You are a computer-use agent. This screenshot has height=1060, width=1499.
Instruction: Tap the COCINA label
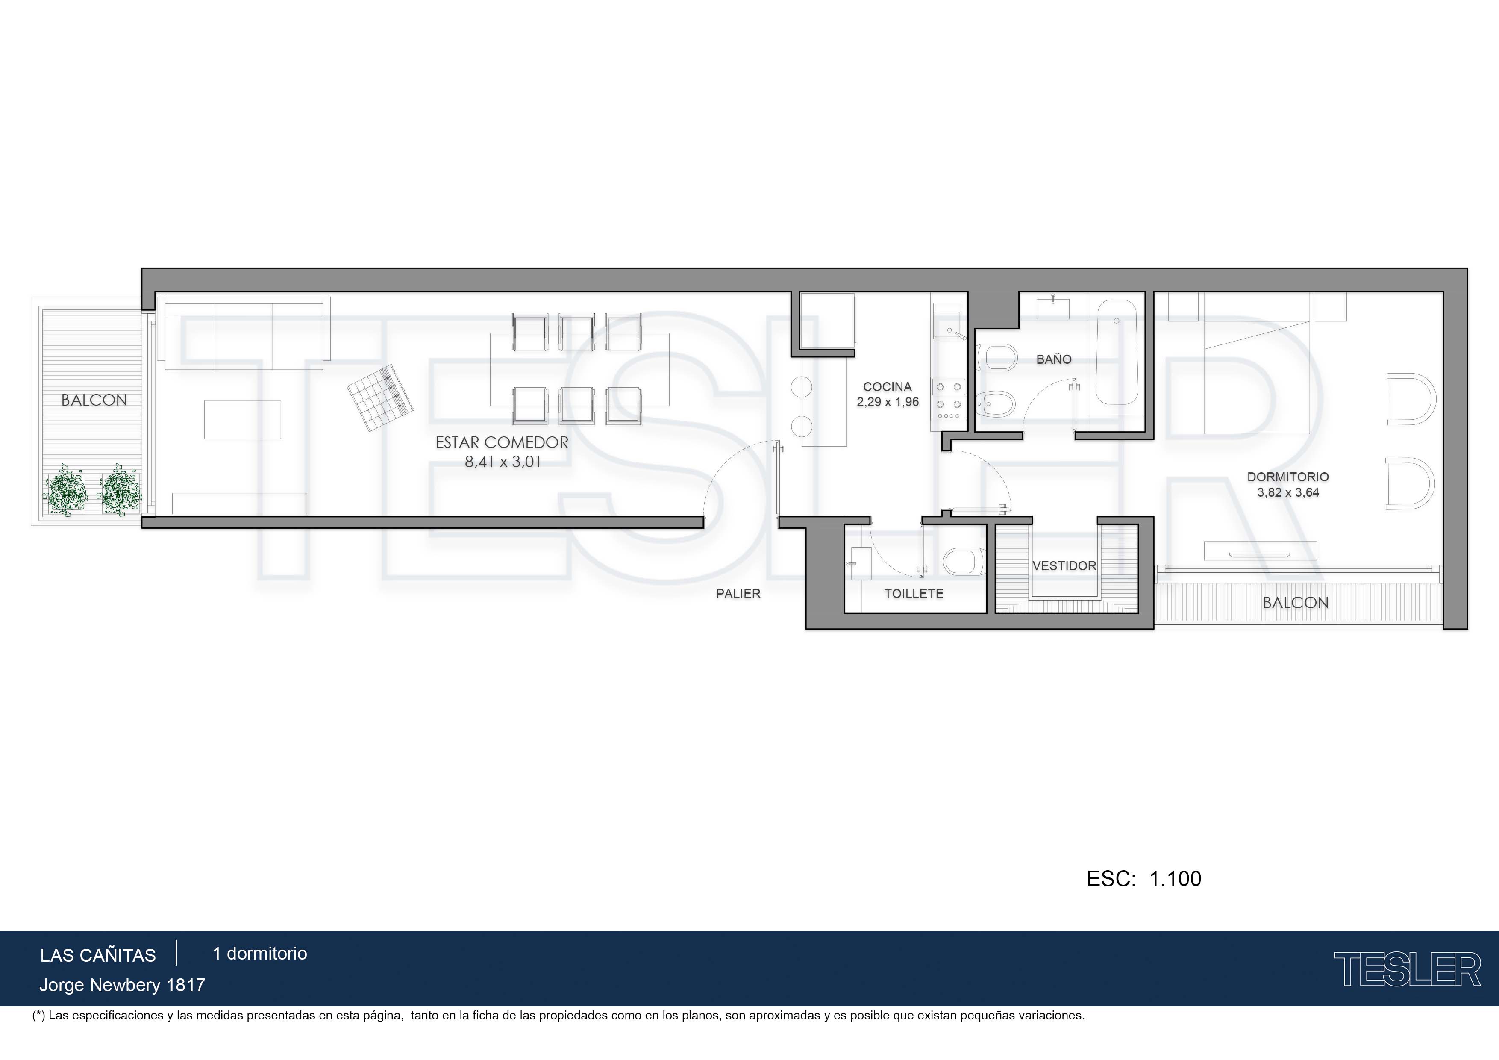pos(887,387)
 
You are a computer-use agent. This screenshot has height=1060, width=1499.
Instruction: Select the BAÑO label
pos(1054,359)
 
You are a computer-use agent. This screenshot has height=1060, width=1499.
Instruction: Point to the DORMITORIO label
pos(1288,477)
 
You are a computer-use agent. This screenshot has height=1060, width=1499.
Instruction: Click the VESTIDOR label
pos(1064,565)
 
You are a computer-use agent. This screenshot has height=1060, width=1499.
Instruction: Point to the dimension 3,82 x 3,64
pos(1288,492)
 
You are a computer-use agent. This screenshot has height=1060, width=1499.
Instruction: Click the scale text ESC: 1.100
pos(1144,878)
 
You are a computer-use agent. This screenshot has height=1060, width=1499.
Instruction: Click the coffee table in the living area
pos(242,419)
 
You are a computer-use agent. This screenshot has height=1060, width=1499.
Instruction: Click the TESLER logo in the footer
pos(1407,969)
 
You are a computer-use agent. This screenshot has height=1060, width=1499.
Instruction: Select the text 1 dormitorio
pos(260,954)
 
